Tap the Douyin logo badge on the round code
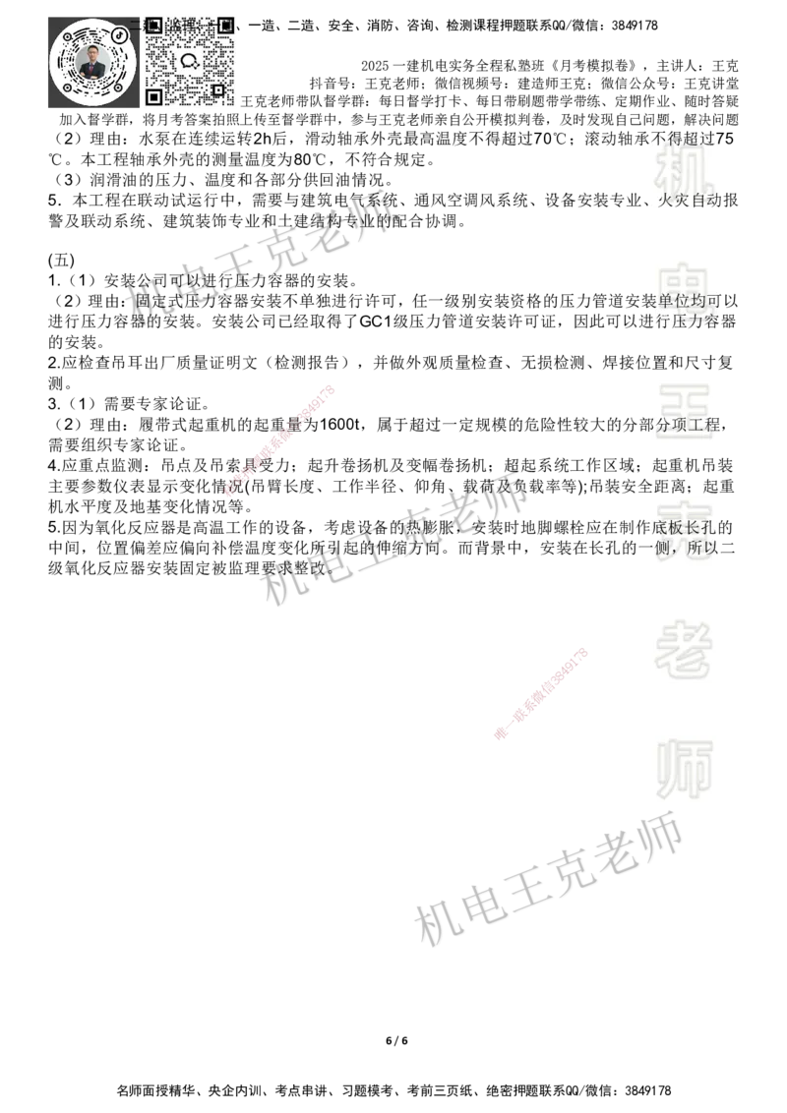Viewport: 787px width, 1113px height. click(120, 35)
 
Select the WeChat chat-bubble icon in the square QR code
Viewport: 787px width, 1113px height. click(190, 61)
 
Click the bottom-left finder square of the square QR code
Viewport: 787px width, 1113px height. click(153, 96)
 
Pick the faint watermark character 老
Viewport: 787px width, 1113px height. click(685, 649)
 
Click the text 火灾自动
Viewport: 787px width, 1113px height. click(690, 202)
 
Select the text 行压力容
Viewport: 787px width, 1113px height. click(690, 322)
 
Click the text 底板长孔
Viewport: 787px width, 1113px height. click(688, 528)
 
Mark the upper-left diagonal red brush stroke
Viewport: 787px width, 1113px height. click(278, 441)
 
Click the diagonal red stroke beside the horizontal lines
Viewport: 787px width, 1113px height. click(541, 694)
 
